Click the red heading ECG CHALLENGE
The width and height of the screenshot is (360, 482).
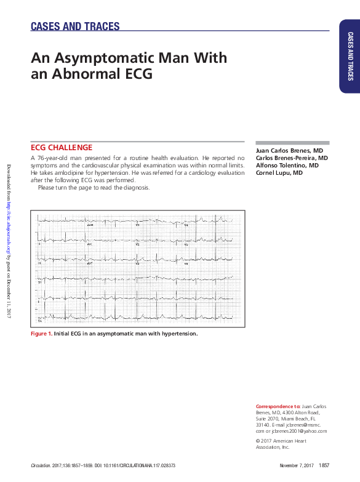pyautogui.click(x=62, y=148)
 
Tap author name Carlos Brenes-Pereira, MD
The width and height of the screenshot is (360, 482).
pyautogui.click(x=292, y=158)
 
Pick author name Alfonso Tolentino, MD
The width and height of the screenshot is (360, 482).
pyautogui.click(x=287, y=166)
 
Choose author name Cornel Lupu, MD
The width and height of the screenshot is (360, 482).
pyautogui.click(x=279, y=173)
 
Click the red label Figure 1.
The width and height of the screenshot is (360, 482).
pyautogui.click(x=41, y=333)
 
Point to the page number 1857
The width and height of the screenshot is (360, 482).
pyautogui.click(x=324, y=465)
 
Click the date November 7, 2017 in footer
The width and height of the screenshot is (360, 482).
pyautogui.click(x=297, y=465)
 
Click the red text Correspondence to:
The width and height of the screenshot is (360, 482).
pyautogui.click(x=278, y=407)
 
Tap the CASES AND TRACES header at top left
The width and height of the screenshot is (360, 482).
pyautogui.click(x=75, y=26)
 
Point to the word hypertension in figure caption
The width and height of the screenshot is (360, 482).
pyautogui.click(x=177, y=333)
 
